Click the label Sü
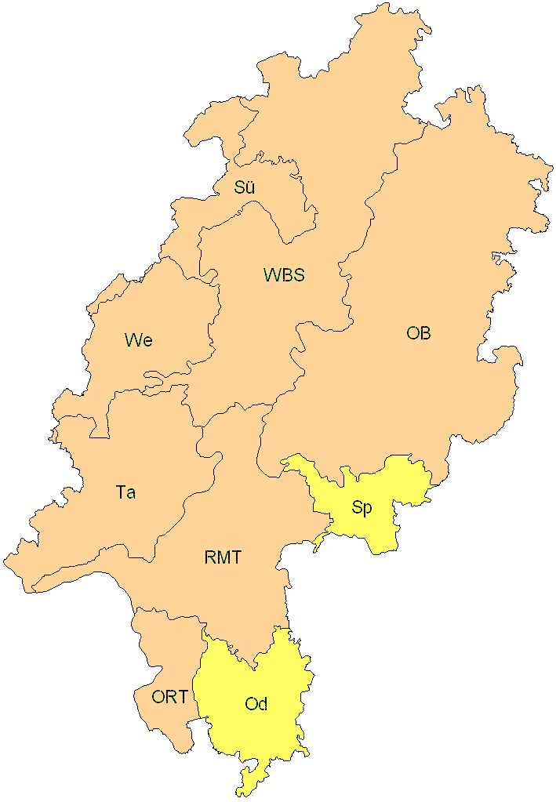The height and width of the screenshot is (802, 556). pyautogui.click(x=245, y=187)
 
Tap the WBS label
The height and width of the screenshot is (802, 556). pyautogui.click(x=283, y=275)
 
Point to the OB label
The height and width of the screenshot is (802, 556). pyautogui.click(x=418, y=333)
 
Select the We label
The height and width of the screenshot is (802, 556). pyautogui.click(x=138, y=340)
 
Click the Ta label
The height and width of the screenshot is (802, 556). pyautogui.click(x=125, y=492)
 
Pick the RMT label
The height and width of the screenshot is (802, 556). pyautogui.click(x=223, y=558)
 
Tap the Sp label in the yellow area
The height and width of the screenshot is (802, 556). pyautogui.click(x=362, y=507)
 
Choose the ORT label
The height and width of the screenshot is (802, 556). pyautogui.click(x=169, y=696)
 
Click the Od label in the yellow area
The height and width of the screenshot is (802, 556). pyautogui.click(x=256, y=704)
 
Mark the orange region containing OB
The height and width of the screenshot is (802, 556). pyautogui.click(x=439, y=259)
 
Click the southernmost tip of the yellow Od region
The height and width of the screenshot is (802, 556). pyautogui.click(x=245, y=794)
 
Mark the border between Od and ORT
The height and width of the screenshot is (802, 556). pyautogui.click(x=197, y=690)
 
